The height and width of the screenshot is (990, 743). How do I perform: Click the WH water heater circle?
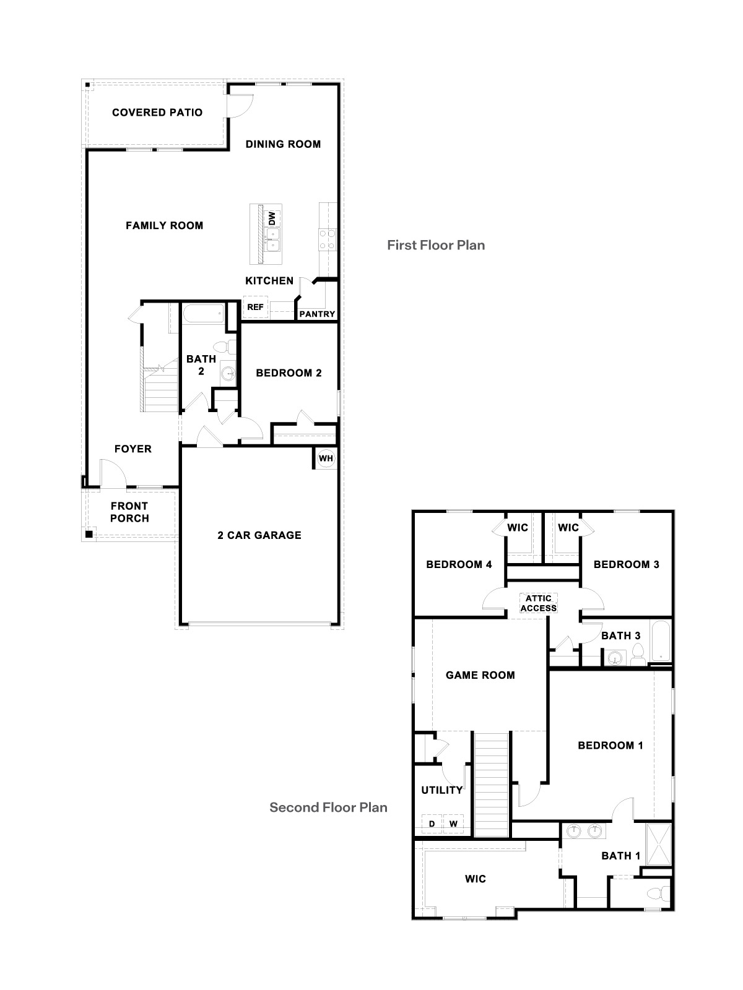pos(326,458)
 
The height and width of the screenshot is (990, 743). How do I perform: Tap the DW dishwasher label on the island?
pos(271,218)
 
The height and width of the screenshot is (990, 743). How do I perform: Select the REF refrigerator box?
pos(255,307)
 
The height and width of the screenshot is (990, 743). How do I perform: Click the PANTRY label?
pos(317,314)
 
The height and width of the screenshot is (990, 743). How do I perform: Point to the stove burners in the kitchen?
pos(327,239)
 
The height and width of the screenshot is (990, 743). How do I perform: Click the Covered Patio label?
pos(157,113)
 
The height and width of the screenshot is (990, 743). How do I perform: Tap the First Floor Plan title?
pos(436,245)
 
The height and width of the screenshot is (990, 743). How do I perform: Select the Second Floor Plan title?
pos(328,807)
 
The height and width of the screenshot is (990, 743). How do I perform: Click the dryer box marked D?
pos(432,824)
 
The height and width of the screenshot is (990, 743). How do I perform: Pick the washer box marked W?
pos(453,824)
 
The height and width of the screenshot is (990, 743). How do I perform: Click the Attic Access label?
pos(538,603)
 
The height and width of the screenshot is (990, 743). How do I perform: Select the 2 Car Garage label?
pos(259,535)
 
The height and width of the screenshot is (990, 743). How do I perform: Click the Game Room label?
pos(480,675)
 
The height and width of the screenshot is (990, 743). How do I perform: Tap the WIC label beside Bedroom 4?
pos(518,528)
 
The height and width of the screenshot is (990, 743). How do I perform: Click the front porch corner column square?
pos(89,533)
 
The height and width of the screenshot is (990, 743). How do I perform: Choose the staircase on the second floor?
pos(492,783)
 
